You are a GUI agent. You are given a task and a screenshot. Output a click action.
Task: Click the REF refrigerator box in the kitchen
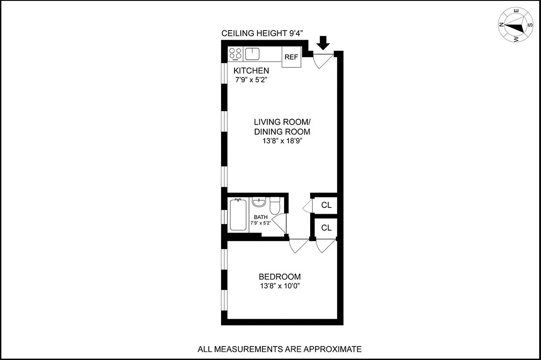291,57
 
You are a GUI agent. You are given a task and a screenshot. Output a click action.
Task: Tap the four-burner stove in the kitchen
235,54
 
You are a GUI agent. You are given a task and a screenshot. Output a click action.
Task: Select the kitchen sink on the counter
252,54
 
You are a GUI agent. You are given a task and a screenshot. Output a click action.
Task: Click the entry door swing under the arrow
322,60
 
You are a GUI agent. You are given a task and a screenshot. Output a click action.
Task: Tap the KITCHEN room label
251,71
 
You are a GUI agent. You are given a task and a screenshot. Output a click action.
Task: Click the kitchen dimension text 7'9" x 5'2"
252,80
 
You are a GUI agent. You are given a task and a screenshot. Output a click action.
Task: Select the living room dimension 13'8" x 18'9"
282,141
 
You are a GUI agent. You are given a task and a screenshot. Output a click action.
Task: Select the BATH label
261,217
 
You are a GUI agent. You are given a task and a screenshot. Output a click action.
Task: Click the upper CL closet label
326,205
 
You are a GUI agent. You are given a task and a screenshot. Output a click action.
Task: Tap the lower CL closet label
326,228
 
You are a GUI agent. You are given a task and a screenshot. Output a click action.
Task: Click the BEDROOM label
280,277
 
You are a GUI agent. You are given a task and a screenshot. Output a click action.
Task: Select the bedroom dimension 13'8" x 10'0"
280,286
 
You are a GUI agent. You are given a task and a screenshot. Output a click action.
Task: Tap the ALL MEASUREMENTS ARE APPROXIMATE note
280,349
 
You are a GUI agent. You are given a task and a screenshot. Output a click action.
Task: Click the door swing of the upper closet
308,206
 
